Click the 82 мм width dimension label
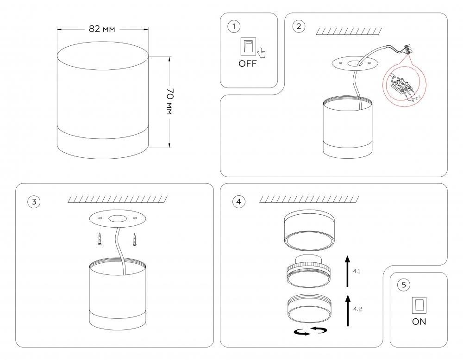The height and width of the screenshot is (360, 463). (x=102, y=29)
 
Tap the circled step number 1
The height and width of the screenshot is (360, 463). (x=234, y=26)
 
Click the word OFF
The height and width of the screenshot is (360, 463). (x=247, y=64)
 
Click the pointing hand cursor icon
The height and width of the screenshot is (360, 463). (x=262, y=52)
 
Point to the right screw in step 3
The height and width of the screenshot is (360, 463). (x=135, y=239)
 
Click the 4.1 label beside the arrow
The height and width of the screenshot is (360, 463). (x=357, y=271)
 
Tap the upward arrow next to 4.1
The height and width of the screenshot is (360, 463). (x=347, y=271)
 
